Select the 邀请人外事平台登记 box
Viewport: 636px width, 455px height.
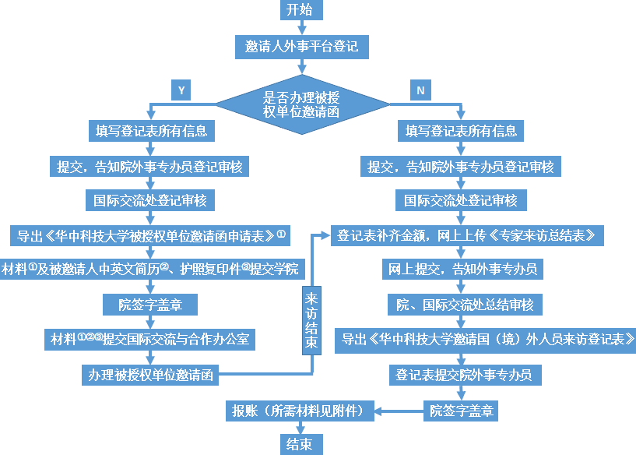(300, 47)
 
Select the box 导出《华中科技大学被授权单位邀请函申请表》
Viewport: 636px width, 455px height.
(149, 235)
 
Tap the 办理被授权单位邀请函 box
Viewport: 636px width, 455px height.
(149, 374)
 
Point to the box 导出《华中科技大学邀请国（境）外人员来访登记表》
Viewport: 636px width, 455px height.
(487, 339)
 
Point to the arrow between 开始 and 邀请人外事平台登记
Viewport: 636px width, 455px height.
(300, 28)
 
